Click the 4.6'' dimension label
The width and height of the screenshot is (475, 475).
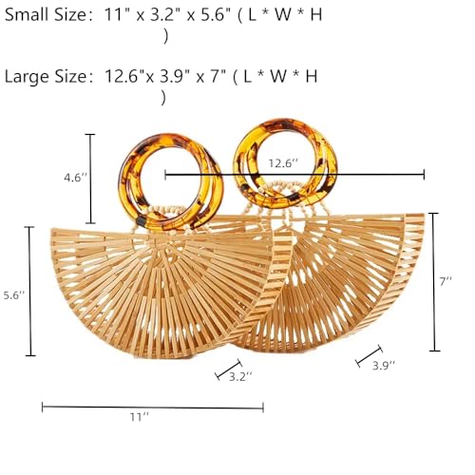[x=75, y=178]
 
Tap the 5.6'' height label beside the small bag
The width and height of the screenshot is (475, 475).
[x=14, y=295]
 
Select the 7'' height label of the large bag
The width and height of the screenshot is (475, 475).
[x=446, y=281]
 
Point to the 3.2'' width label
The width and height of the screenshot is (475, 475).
[x=240, y=376]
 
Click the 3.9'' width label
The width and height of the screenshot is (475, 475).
[x=384, y=366]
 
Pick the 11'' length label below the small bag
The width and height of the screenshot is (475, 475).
[x=140, y=417]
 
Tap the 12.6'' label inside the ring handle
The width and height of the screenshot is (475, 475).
[x=283, y=163]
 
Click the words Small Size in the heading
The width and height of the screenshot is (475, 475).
[x=45, y=14]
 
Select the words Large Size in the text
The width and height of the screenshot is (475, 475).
[x=45, y=77]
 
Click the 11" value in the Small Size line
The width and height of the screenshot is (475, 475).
[x=116, y=14]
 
